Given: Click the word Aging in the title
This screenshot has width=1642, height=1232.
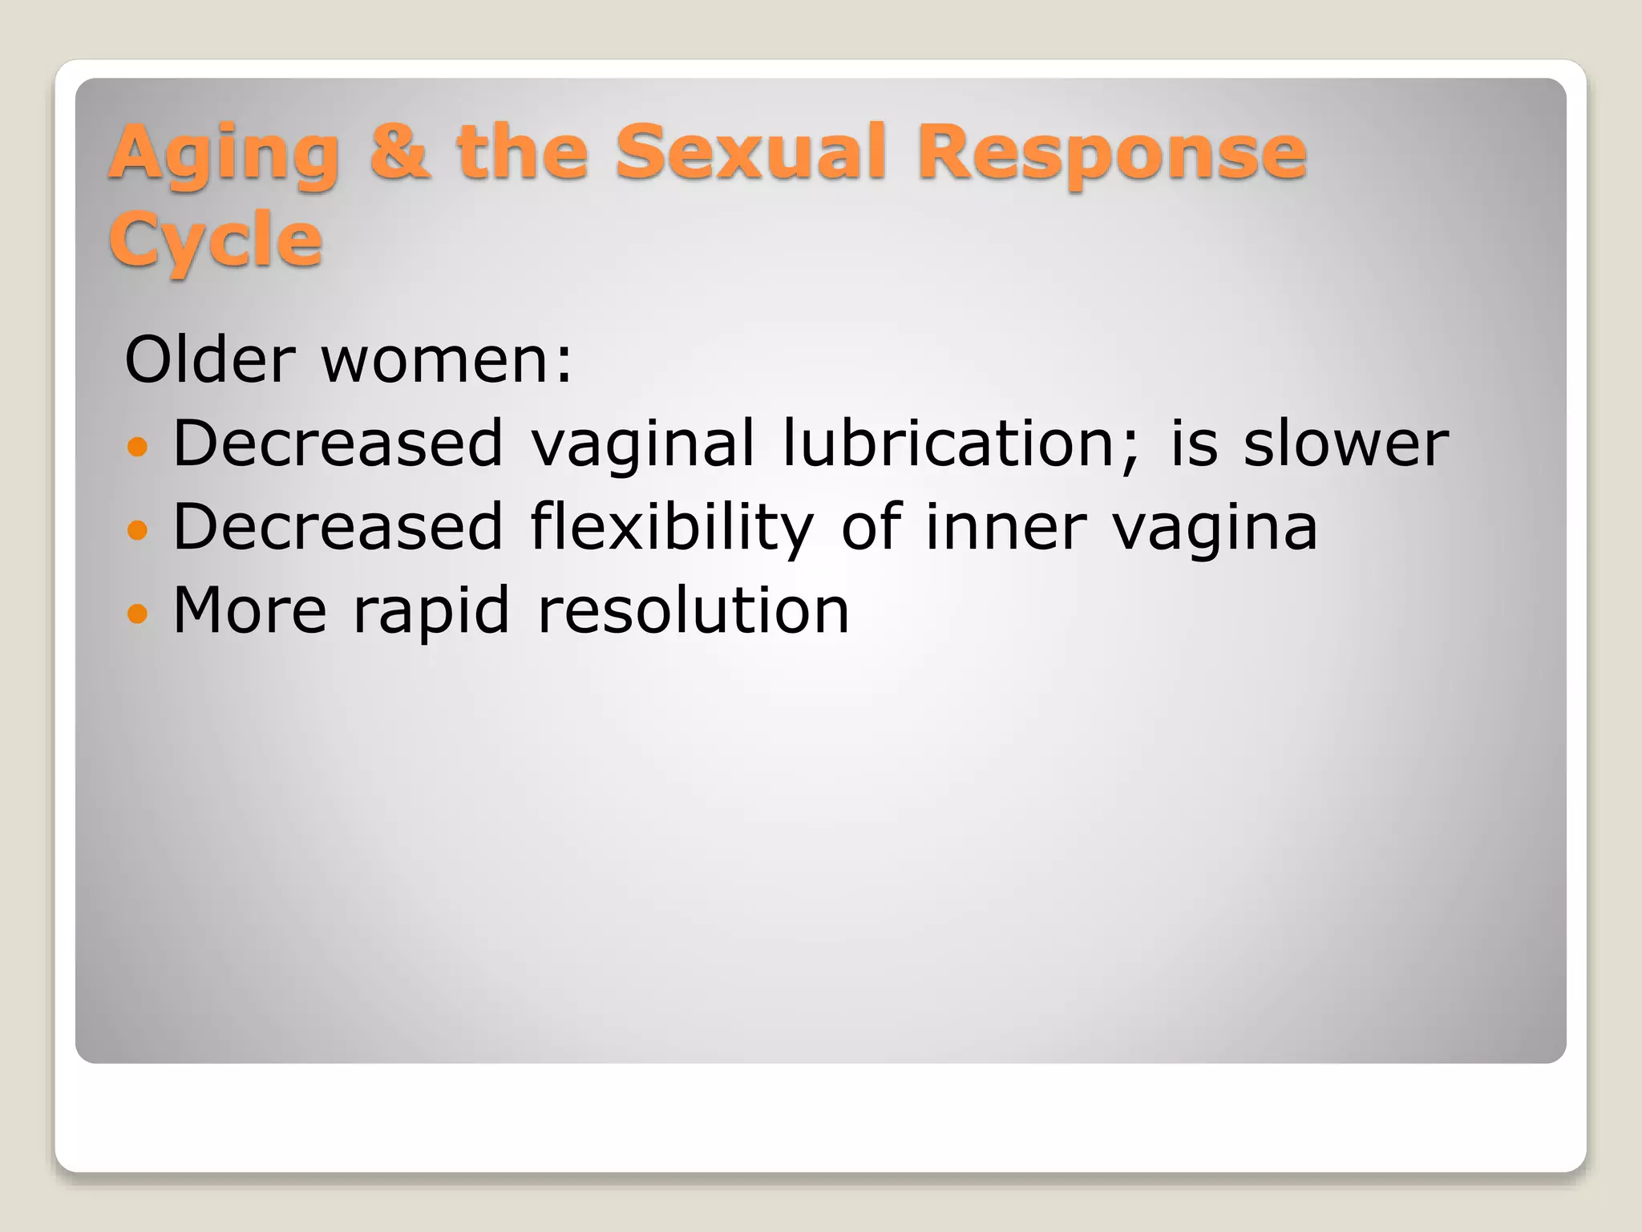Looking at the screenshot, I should pyautogui.click(x=224, y=154).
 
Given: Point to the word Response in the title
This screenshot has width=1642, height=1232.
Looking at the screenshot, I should pyautogui.click(x=1111, y=154).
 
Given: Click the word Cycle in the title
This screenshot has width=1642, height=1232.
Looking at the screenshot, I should pyautogui.click(x=215, y=241).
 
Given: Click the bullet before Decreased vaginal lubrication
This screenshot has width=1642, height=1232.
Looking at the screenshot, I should pyautogui.click(x=138, y=446).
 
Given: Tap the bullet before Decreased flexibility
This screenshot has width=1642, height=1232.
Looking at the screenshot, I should pyautogui.click(x=138, y=529).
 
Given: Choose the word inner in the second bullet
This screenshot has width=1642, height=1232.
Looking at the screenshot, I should pyautogui.click(x=1005, y=528).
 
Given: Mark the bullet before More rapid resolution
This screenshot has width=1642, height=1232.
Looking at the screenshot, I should pyautogui.click(x=138, y=614).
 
